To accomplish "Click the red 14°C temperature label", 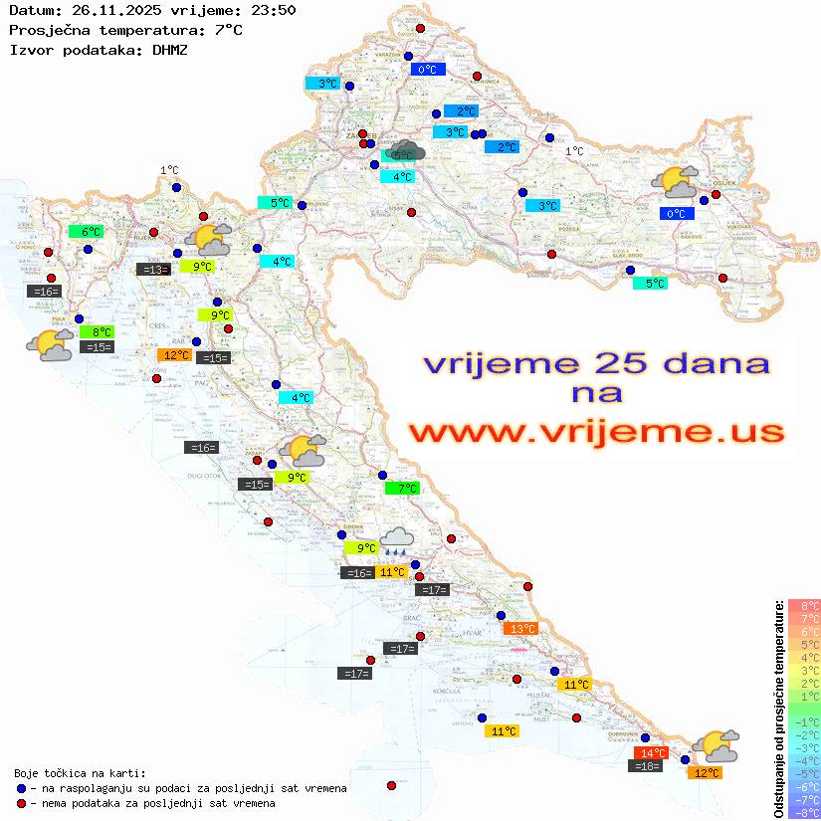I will tap(652, 753).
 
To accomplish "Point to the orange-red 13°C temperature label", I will tap(521, 628).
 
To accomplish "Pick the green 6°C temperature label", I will tap(90, 232).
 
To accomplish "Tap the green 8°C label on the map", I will tap(102, 331).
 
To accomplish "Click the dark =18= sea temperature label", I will tap(647, 766).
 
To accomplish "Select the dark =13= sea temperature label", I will tap(153, 269).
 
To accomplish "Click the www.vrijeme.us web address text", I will tap(595, 433).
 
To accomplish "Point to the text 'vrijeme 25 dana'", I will tap(595, 363).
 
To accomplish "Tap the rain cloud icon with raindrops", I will tap(397, 540).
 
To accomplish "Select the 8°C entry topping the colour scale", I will tap(804, 606).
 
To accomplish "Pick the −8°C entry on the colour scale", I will tap(804, 812).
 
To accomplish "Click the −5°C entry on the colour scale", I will tap(804, 773).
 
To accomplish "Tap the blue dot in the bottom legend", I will tap(22, 788).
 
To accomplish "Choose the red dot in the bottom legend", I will tap(22, 803).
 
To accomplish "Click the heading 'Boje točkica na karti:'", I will tap(80, 773).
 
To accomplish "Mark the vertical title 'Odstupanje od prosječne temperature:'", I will tap(778, 708).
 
